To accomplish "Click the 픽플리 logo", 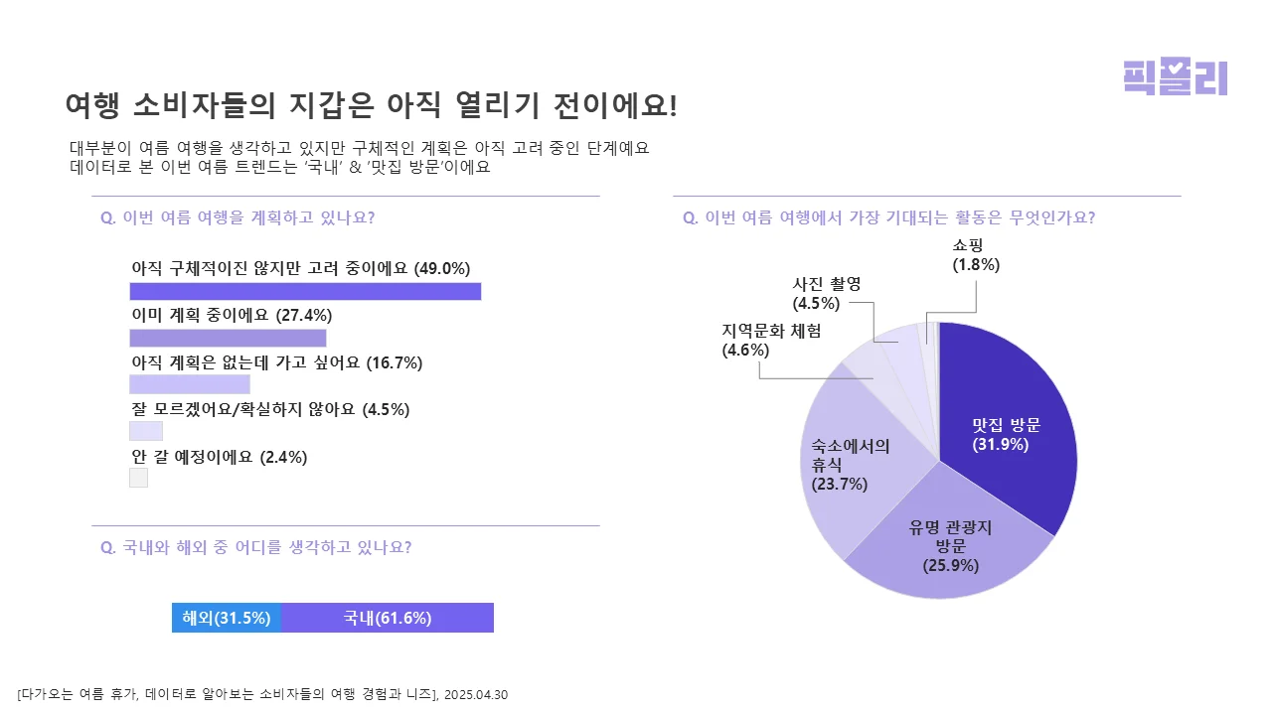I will click(1175, 76).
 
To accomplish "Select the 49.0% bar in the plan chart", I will click(305, 291).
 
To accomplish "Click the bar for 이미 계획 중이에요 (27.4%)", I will click(228, 338).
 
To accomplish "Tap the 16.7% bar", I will click(190, 384).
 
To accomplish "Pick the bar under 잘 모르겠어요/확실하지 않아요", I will click(146, 431).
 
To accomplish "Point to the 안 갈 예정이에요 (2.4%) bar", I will click(138, 478).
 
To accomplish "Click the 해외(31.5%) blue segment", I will click(227, 618).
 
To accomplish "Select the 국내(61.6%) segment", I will click(388, 618).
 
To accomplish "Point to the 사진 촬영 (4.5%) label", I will click(826, 293).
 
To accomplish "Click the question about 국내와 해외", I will click(256, 547).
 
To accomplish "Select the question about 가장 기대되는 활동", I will click(888, 217).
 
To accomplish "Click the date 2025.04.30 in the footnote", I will click(476, 694).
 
